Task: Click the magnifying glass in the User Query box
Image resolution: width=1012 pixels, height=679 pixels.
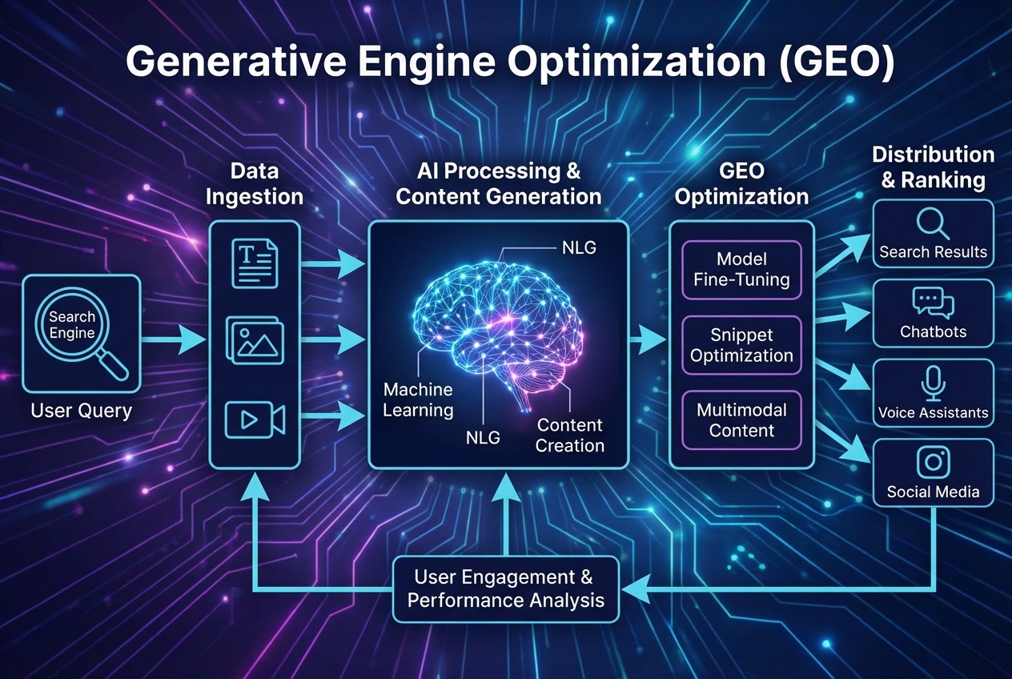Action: (77, 330)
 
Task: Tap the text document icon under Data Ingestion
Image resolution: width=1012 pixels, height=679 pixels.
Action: (254, 265)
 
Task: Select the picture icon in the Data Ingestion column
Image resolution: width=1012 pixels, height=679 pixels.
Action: (255, 339)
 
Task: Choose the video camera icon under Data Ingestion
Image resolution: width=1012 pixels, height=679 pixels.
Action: (255, 420)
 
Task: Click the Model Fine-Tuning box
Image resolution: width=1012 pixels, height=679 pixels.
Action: (741, 270)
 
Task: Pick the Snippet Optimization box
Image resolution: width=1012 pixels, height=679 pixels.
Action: (741, 345)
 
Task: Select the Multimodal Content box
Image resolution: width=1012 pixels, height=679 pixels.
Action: (741, 420)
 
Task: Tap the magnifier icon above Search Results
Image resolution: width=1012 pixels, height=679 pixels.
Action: (933, 223)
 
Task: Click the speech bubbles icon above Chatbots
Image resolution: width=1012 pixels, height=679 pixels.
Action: (933, 303)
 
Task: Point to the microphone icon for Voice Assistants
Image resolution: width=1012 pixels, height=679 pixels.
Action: (933, 384)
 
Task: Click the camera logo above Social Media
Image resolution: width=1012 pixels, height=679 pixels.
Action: (933, 462)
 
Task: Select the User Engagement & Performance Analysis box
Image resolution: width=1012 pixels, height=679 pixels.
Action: (506, 589)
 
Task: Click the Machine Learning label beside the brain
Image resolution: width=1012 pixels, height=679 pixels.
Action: (418, 400)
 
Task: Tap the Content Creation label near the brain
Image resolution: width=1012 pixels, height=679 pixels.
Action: (569, 435)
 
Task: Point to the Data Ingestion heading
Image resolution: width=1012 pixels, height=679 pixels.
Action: (255, 183)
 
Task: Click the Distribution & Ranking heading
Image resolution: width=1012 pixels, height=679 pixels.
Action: (933, 167)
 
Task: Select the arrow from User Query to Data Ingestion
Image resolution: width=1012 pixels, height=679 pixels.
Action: (173, 339)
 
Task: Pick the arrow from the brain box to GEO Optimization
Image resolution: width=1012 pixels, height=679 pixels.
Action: (647, 340)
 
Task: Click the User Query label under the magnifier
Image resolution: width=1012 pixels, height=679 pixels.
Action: (81, 412)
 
